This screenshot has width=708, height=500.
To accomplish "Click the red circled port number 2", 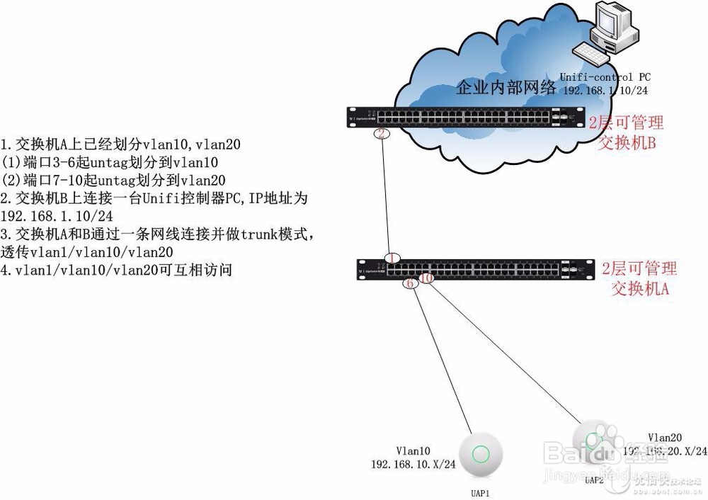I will click(x=381, y=134).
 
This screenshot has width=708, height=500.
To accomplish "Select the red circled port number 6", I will click(x=409, y=283).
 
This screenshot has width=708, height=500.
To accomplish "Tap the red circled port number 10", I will click(x=426, y=279).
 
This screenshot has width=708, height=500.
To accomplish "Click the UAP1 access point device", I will click(x=481, y=453).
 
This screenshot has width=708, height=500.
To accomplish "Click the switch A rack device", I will click(x=474, y=268).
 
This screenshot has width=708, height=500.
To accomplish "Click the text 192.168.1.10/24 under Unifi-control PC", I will click(x=606, y=91).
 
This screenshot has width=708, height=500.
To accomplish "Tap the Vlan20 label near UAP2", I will click(x=665, y=437).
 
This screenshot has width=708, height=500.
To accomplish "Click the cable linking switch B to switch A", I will click(x=387, y=198).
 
